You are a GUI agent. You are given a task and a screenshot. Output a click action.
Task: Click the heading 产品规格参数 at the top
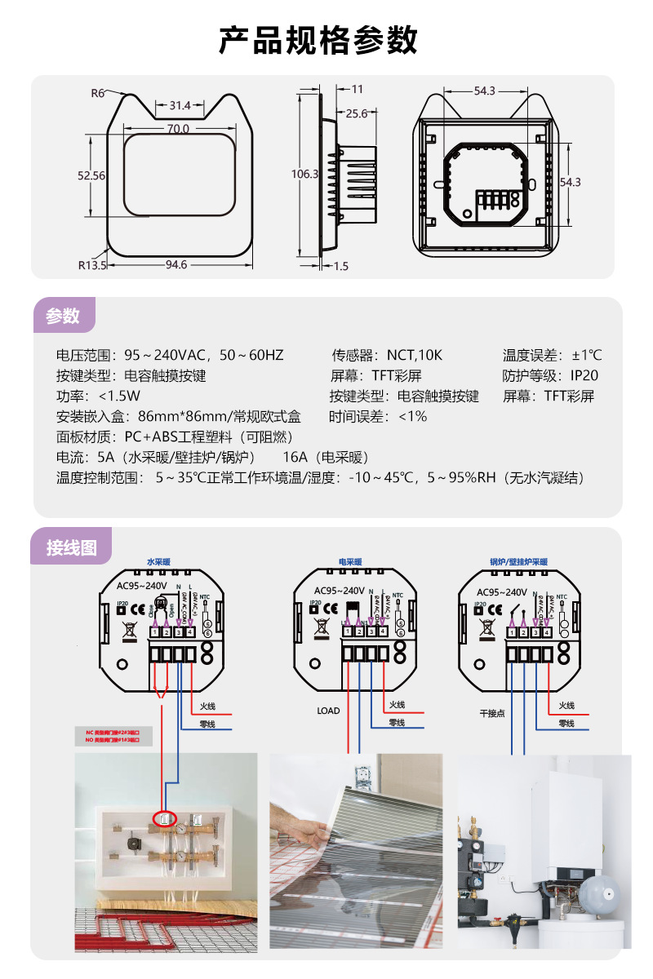click(x=318, y=38)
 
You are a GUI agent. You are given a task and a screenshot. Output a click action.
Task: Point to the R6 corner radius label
click(x=98, y=93)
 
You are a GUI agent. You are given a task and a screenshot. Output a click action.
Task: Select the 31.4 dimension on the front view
click(x=180, y=105)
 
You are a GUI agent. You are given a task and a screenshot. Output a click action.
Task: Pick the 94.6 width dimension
click(x=176, y=264)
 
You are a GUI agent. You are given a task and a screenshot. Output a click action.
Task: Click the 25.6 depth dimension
click(x=357, y=113)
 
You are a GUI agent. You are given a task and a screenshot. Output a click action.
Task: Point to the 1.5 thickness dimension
click(x=341, y=266)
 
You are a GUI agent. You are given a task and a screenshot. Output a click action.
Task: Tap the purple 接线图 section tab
click(x=72, y=547)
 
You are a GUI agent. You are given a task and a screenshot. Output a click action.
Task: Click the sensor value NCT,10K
click(x=414, y=355)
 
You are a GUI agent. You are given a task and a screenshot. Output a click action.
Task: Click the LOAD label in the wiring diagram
click(x=328, y=711)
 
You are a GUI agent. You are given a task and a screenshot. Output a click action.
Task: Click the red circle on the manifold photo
click(x=165, y=818)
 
